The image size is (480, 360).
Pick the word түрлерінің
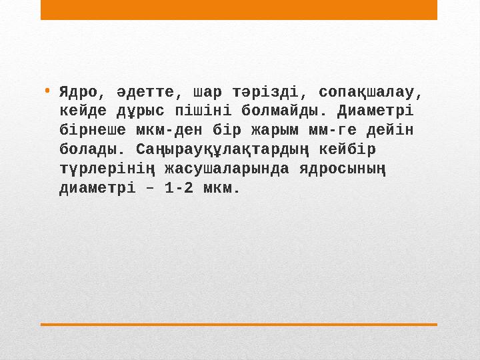[x=107, y=168]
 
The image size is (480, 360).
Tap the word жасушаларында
[x=227, y=168]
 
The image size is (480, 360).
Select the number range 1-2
[x=179, y=187]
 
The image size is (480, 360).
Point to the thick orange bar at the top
[x=239, y=9]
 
